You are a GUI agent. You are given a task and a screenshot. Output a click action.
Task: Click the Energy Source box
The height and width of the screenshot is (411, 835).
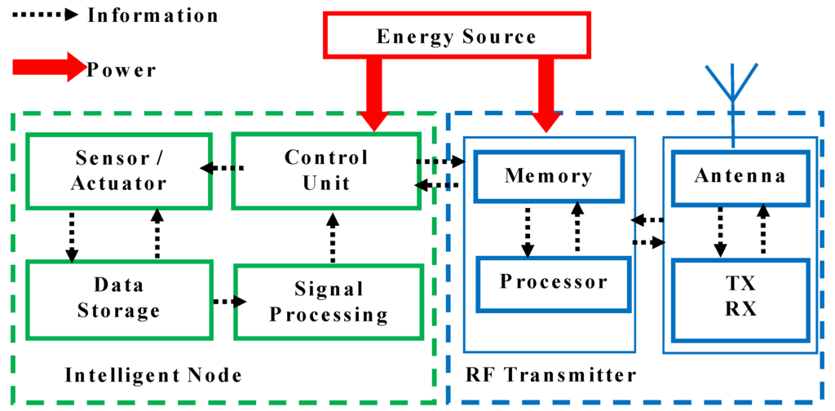coord(457,37)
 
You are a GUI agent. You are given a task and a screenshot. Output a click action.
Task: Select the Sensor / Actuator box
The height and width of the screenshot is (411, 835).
coord(119,170)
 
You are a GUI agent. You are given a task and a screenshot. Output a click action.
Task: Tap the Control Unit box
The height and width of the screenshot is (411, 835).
coord(326,170)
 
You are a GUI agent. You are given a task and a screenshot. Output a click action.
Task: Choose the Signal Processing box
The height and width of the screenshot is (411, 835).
coord(329,302)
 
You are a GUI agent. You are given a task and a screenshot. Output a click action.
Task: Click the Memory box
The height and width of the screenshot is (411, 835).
coord(548,175)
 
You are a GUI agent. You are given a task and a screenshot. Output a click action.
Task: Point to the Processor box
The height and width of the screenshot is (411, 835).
coord(554,283)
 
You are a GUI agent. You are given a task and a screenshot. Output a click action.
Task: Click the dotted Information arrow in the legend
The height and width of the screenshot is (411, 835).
coord(41,15)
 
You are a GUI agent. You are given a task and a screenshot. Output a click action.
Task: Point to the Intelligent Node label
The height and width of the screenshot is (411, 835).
coord(152,375)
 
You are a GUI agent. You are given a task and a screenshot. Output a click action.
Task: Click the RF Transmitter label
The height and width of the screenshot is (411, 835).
coord(550,375)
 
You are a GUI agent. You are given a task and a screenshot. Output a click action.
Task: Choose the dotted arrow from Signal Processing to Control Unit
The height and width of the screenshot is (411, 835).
coord(333,238)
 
